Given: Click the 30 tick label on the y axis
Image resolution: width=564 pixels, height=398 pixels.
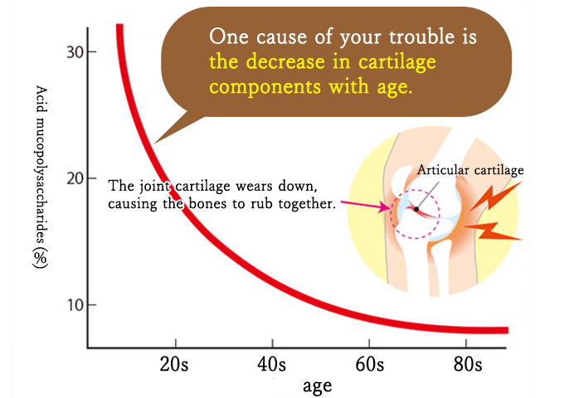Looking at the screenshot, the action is [x=75, y=52].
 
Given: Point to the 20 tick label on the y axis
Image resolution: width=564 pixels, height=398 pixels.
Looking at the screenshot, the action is [x=75, y=178].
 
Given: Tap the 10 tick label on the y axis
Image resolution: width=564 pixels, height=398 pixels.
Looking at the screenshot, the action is [x=75, y=305].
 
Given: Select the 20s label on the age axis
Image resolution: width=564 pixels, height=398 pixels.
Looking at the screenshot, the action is [x=174, y=364].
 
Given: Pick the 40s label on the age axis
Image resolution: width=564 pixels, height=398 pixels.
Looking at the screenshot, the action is [x=271, y=364].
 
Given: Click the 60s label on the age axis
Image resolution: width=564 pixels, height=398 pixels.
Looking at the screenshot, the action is [x=370, y=364].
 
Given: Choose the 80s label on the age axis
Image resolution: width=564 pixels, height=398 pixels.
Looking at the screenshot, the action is [x=468, y=364].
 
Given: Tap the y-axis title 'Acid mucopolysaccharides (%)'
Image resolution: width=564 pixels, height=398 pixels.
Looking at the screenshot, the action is [x=41, y=177].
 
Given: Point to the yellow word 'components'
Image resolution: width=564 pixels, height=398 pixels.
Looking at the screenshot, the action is [x=265, y=87].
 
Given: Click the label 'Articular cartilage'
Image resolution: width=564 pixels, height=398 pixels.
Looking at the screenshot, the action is [x=470, y=170].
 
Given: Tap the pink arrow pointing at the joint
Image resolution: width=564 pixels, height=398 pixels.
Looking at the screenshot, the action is [x=365, y=206].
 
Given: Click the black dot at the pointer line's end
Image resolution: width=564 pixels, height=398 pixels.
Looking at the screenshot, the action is [x=416, y=209].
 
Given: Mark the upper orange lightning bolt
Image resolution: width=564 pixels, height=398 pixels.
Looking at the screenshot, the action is [x=494, y=196].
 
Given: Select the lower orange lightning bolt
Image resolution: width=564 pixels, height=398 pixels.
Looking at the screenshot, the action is [x=492, y=231].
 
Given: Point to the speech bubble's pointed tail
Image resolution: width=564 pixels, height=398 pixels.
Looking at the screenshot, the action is [x=155, y=143].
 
